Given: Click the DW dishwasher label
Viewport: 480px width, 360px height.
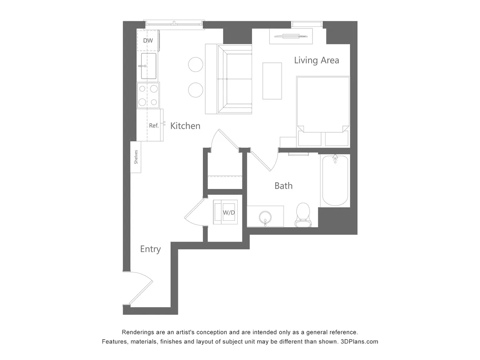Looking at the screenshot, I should [148, 40].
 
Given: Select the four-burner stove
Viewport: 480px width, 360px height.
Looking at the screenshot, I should [148, 95].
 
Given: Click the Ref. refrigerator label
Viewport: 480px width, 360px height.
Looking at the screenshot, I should [154, 126].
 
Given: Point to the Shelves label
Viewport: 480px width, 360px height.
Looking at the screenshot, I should [136, 157].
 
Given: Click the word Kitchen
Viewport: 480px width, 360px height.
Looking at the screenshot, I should [185, 126].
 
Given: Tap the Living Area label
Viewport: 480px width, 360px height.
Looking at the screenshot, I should [316, 60].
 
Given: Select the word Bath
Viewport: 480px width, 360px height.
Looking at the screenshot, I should [283, 186].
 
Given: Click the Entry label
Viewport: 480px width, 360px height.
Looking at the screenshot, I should [150, 249].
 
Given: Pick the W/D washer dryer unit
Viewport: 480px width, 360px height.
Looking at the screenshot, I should [228, 212].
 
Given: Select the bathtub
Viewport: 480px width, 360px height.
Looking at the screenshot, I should [335, 181].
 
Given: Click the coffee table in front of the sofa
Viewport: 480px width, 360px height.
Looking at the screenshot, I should [272, 81].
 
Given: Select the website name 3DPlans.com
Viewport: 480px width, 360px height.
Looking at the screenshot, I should [359, 342].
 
